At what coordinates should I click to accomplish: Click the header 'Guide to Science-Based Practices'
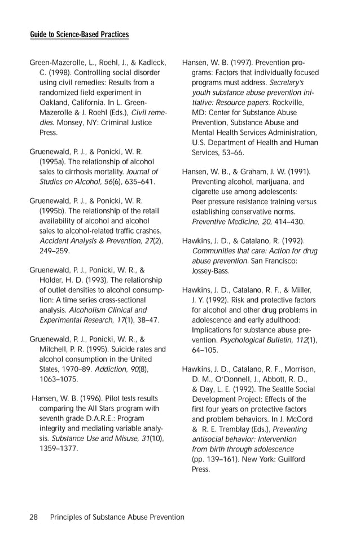point(79,35)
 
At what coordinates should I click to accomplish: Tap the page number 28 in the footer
point(34,517)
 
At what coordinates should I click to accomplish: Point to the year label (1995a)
point(55,162)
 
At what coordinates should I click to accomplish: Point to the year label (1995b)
point(55,211)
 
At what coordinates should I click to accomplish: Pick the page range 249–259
point(55,251)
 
